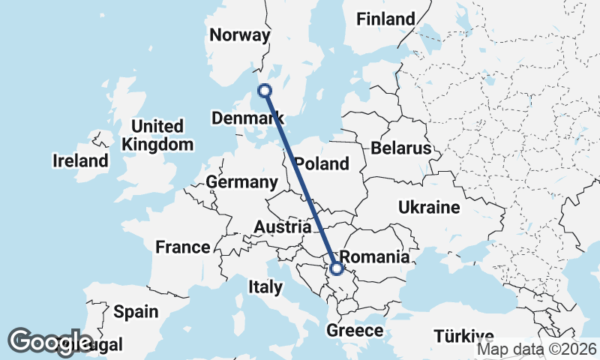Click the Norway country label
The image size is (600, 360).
(239, 35)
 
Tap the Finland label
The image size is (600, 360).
(385, 19)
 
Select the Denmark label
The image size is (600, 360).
(247, 118)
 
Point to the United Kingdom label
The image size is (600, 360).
(157, 135)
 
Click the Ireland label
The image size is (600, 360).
(80, 160)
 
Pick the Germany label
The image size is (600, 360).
(241, 182)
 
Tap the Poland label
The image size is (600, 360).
(322, 163)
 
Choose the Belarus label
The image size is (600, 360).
(405, 148)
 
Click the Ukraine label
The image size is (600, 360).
(428, 207)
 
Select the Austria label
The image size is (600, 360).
(283, 226)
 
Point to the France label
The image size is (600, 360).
(183, 247)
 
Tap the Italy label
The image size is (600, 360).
(265, 286)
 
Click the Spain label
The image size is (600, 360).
(136, 312)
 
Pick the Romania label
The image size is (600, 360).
(375, 257)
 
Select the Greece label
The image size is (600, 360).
(355, 331)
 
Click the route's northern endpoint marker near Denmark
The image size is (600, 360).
(264, 91)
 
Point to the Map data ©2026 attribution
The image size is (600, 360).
(537, 349)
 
